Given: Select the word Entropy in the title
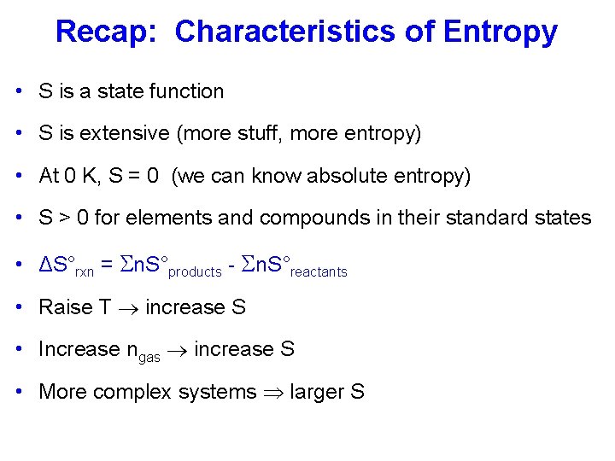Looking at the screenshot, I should pyautogui.click(x=500, y=32).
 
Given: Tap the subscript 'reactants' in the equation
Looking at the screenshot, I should pyautogui.click(x=319, y=272).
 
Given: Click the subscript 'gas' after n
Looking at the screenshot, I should pyautogui.click(x=149, y=357).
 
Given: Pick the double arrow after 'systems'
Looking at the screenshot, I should pyautogui.click(x=273, y=393).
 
